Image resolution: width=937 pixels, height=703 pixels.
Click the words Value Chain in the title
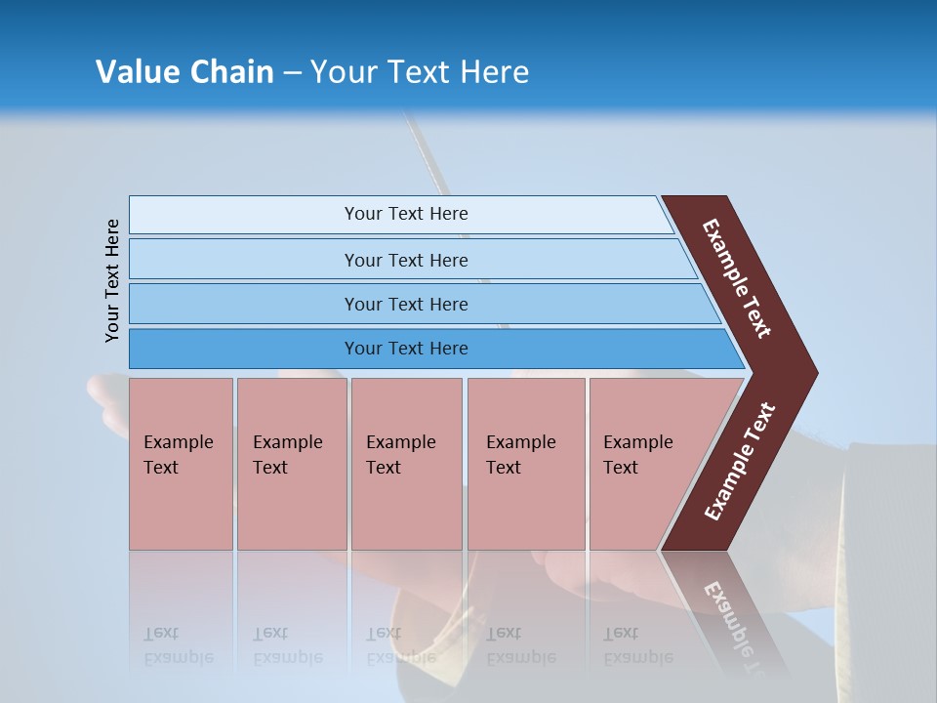click(x=184, y=72)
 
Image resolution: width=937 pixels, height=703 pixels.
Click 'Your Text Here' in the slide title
click(x=420, y=72)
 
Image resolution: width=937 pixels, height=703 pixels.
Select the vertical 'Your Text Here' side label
click(x=113, y=280)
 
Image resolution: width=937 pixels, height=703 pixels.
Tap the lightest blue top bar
click(x=405, y=214)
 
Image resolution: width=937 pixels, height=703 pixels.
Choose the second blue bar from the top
click(x=405, y=260)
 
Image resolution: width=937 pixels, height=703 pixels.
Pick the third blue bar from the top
click(x=405, y=304)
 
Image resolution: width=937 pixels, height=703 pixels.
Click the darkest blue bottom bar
click(x=405, y=349)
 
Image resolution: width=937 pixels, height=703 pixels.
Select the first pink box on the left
click(x=181, y=464)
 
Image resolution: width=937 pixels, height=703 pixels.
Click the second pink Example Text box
click(x=291, y=464)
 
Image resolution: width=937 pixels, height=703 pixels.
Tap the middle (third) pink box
click(x=406, y=464)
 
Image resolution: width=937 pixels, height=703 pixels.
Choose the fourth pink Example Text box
click(x=525, y=464)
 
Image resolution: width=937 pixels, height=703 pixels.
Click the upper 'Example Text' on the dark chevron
click(x=737, y=278)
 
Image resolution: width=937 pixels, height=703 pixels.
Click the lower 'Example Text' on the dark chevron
click(x=739, y=462)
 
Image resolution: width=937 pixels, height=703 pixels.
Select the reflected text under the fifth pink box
click(x=635, y=645)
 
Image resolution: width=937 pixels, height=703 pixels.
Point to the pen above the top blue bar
click(x=429, y=156)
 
